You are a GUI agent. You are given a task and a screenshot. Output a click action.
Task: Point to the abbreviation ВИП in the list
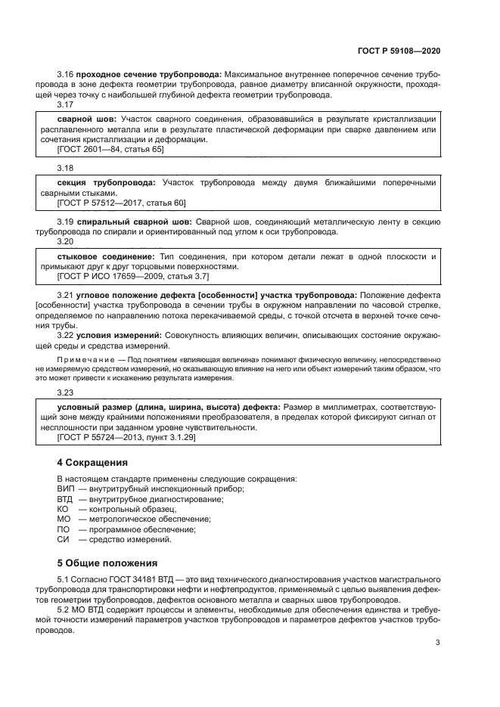point(66,489)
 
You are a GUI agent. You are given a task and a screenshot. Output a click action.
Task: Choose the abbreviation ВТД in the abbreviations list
point(66,499)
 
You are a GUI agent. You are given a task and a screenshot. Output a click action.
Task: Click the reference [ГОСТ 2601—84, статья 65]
point(110,149)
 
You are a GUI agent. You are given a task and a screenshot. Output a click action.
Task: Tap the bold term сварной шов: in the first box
point(83,119)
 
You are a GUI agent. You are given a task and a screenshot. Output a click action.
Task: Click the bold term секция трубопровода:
point(107,183)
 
